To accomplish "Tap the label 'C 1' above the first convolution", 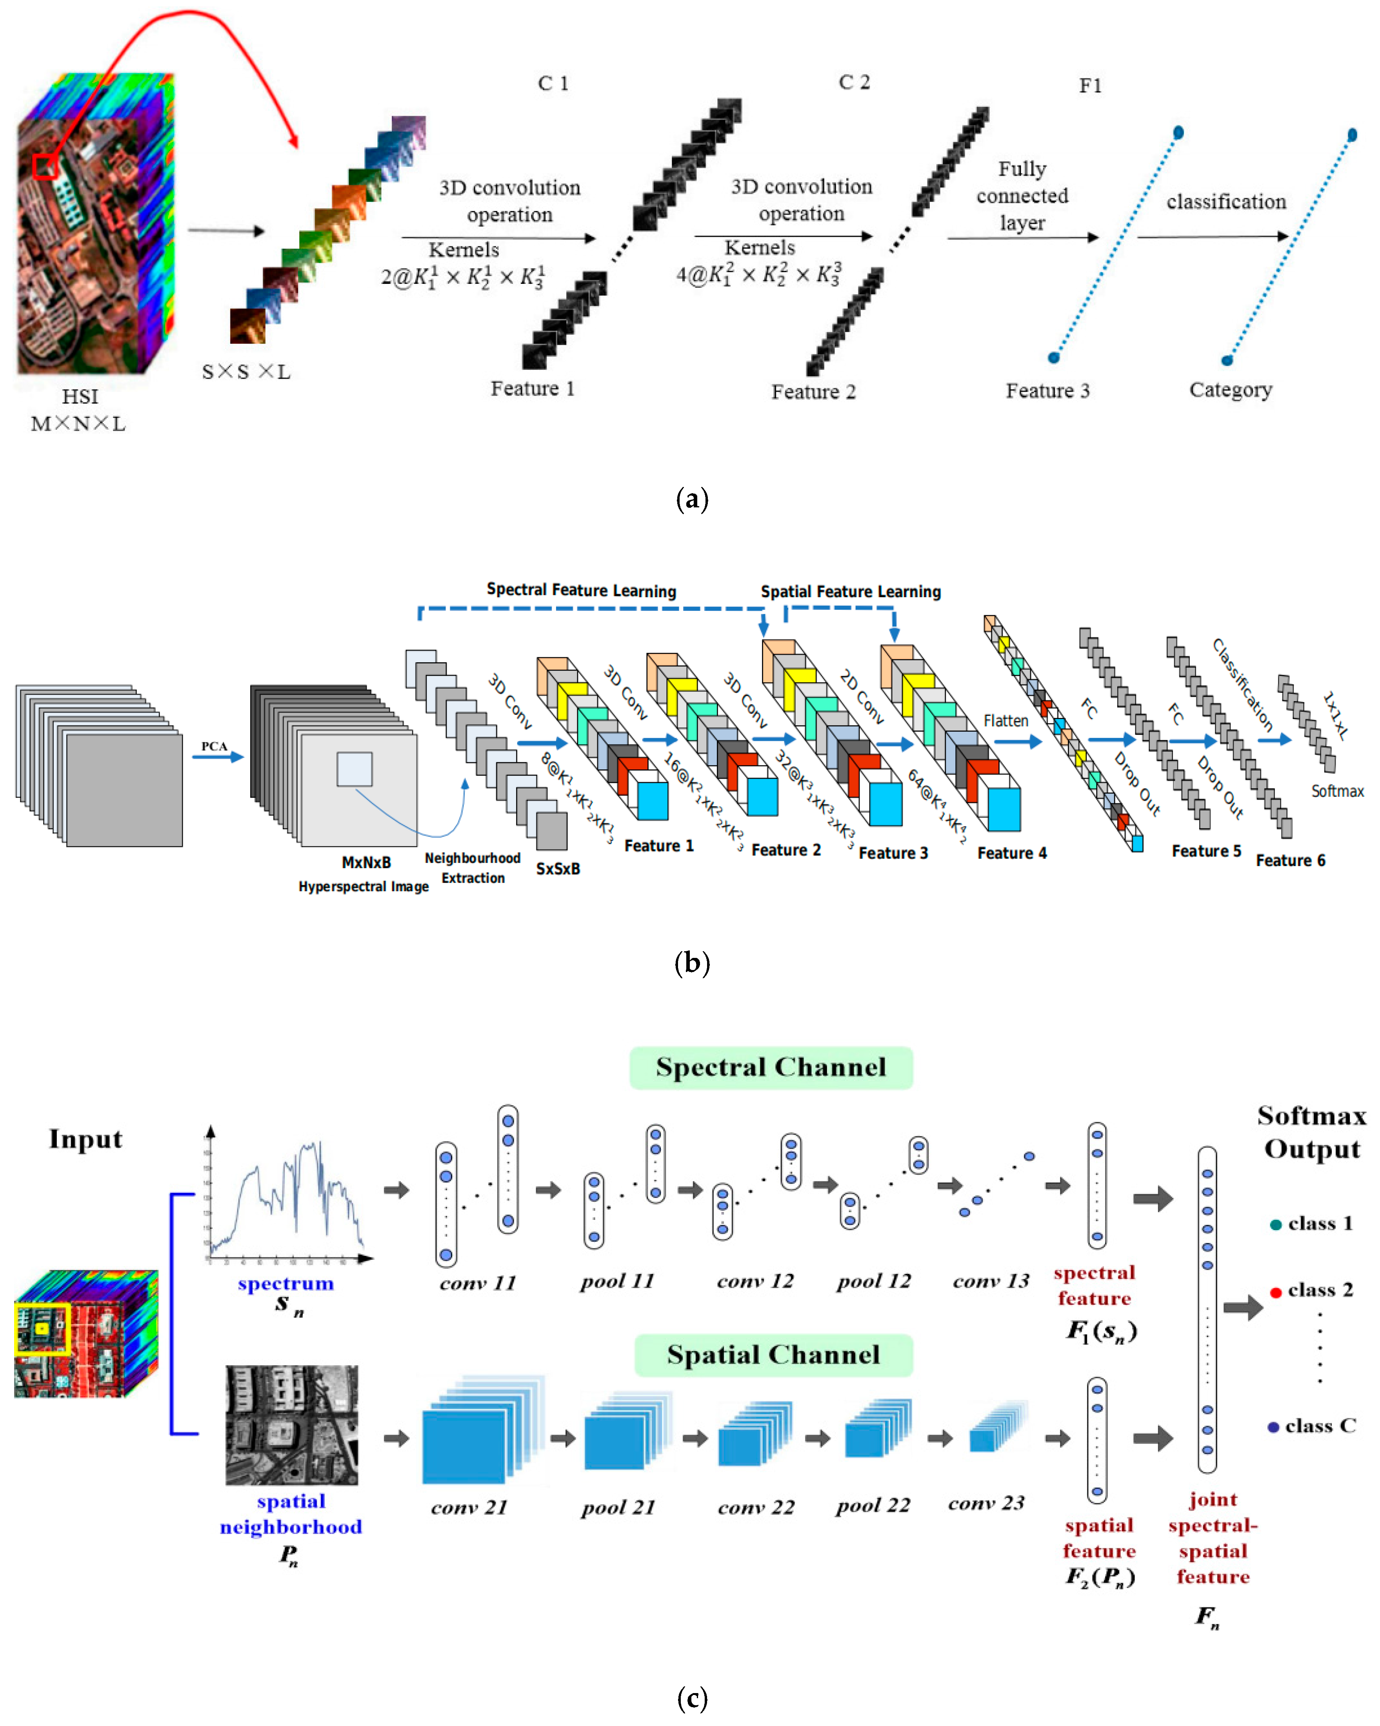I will pyautogui.click(x=552, y=83).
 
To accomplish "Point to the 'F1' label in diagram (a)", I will pyautogui.click(x=1090, y=85).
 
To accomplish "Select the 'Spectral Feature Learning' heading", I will pyautogui.click(x=581, y=590).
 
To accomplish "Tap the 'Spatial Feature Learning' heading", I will pyautogui.click(x=850, y=592).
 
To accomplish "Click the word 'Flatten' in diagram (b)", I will pyautogui.click(x=1005, y=721).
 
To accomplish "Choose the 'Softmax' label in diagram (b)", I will pyautogui.click(x=1337, y=791).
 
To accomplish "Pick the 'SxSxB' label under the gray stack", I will pyautogui.click(x=558, y=868).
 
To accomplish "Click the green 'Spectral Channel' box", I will pyautogui.click(x=771, y=1067).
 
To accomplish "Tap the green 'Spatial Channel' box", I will pyautogui.click(x=773, y=1355).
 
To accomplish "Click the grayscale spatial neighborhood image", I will pyautogui.click(x=291, y=1425).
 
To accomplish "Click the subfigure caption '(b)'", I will pyautogui.click(x=692, y=962).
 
